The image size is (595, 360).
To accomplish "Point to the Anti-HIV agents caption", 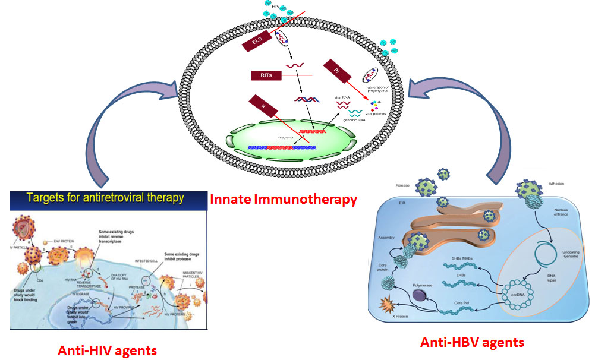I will coord(107,350).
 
